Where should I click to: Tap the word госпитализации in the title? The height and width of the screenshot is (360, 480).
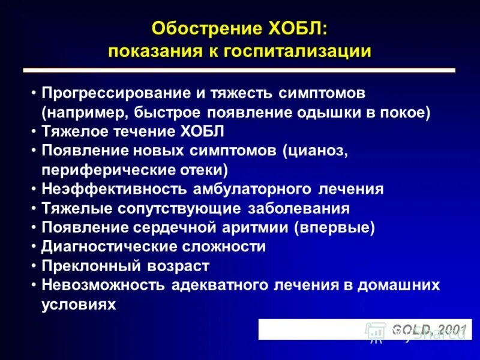298,51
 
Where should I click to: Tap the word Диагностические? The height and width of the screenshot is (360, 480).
109,247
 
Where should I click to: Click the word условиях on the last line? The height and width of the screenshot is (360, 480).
78,304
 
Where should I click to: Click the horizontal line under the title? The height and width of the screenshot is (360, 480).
239,71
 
